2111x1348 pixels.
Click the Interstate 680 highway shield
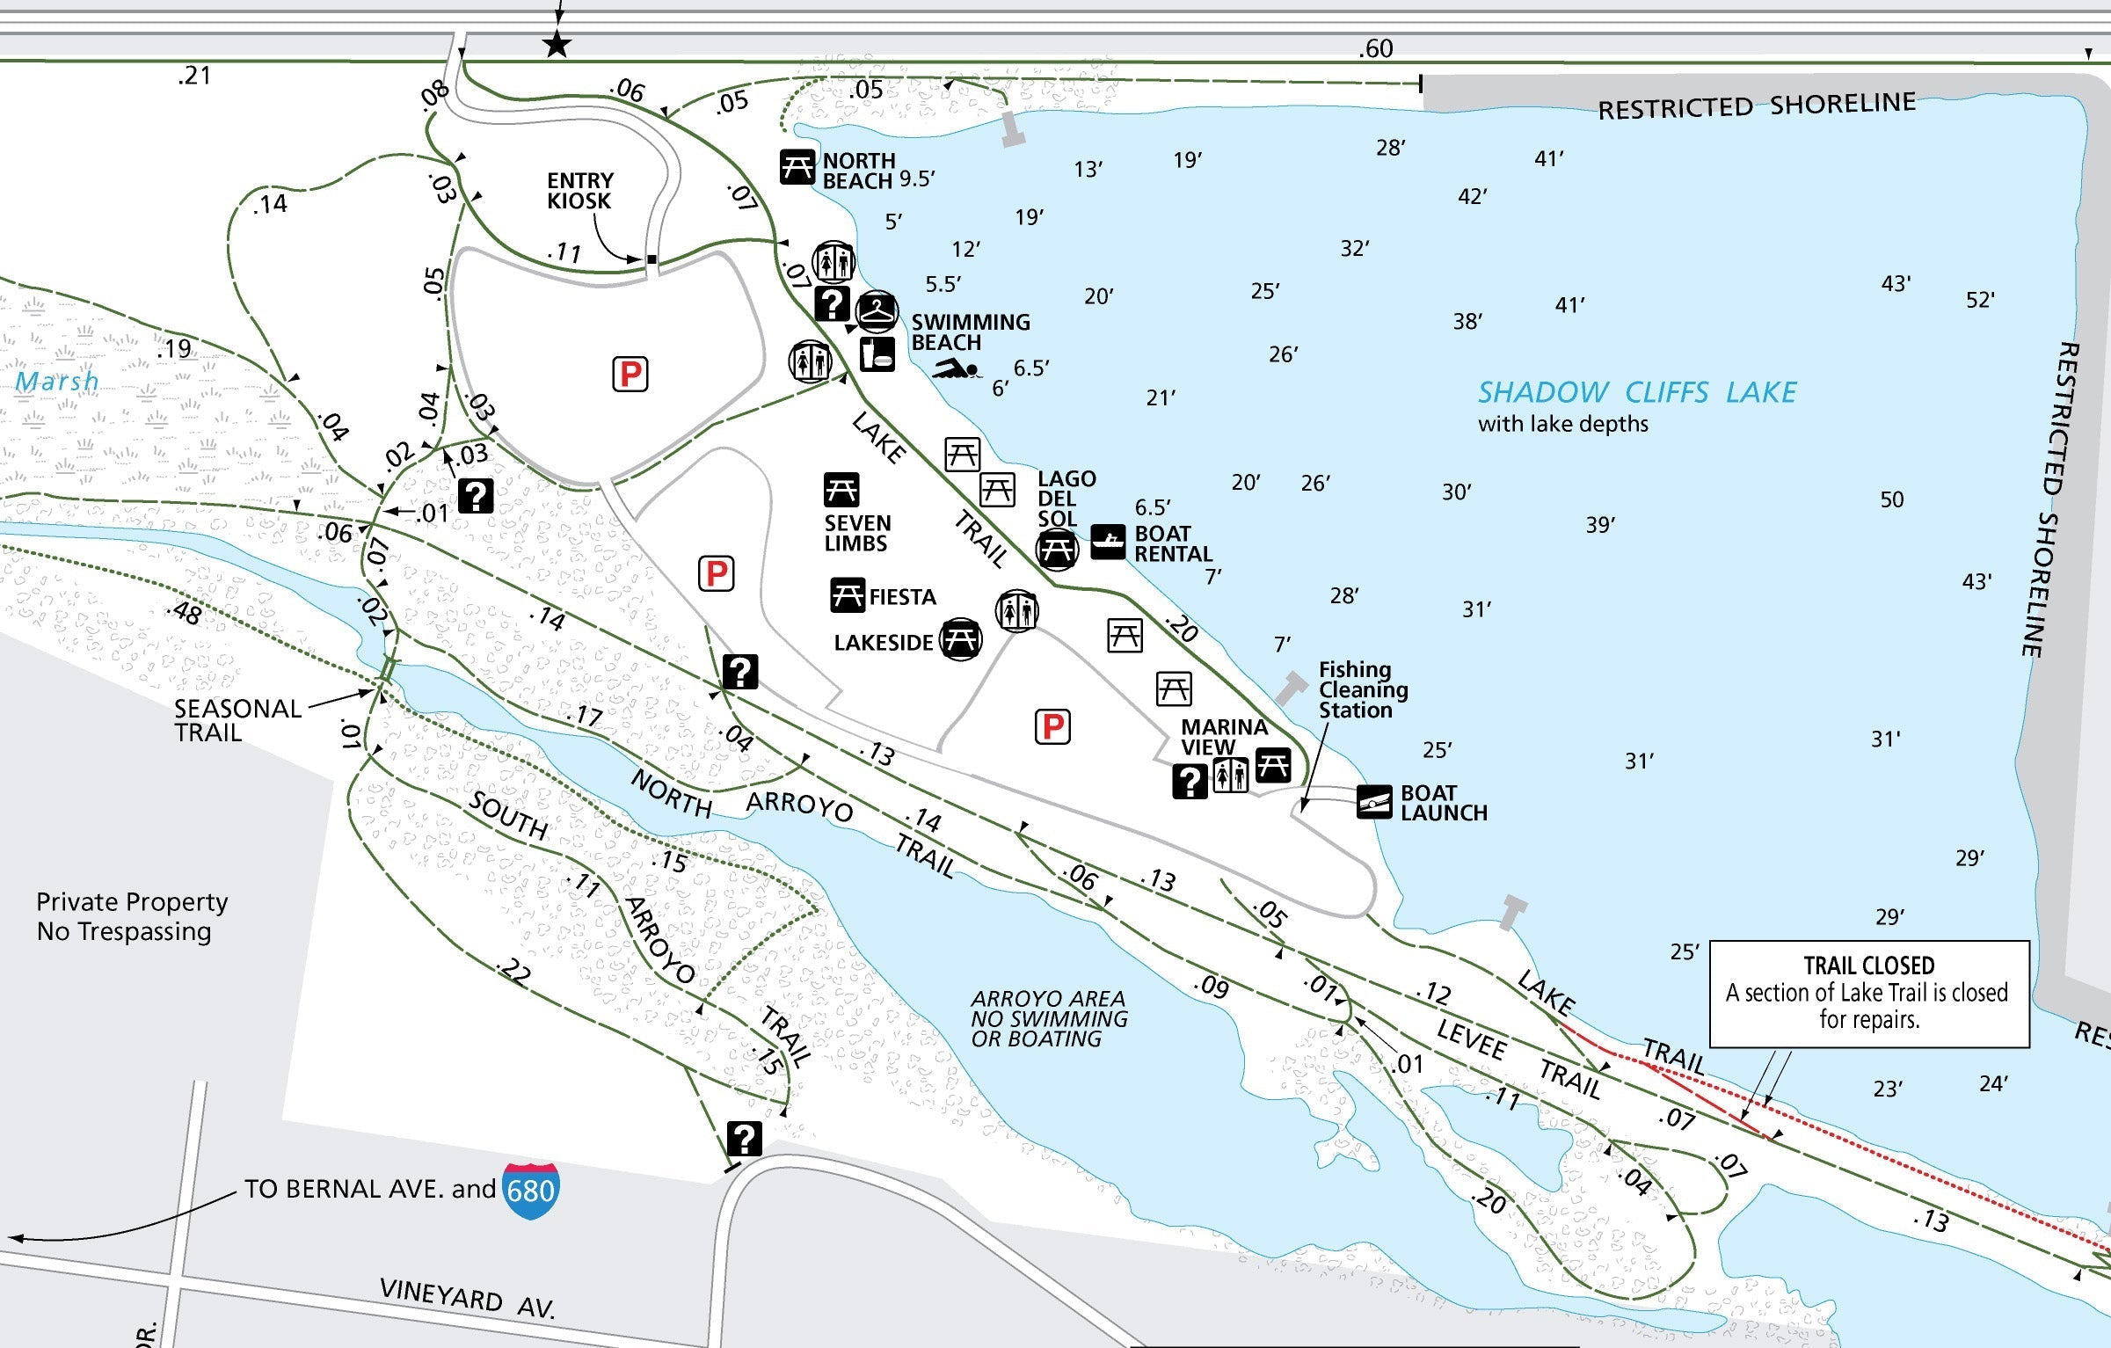(530, 1191)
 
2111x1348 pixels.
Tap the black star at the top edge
(557, 44)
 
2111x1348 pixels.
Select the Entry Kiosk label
(579, 191)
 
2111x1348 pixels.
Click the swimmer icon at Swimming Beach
(956, 369)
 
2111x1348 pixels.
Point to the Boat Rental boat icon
(1108, 541)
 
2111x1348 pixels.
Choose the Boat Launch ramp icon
(1374, 802)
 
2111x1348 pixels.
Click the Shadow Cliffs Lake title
(1636, 392)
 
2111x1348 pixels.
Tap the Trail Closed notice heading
(1868, 966)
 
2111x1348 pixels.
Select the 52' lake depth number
(1980, 300)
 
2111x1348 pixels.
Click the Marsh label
(57, 382)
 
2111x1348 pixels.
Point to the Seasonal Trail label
(237, 720)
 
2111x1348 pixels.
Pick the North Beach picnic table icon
(797, 166)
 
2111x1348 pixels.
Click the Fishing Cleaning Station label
(1363, 690)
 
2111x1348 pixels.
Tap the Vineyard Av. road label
(467, 1299)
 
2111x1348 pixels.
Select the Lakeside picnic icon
(960, 639)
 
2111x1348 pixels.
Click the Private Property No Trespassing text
(132, 916)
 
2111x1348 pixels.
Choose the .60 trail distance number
(1376, 48)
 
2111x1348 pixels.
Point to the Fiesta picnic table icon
(848, 595)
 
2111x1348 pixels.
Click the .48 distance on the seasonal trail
(185, 612)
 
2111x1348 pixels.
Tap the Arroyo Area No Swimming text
(1049, 1019)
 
